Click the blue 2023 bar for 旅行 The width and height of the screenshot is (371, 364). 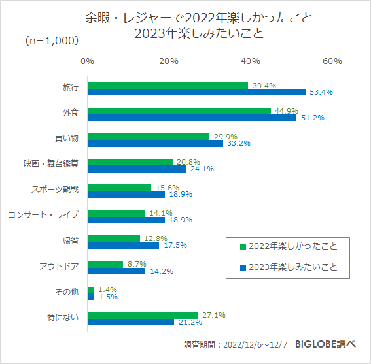pos(196,92)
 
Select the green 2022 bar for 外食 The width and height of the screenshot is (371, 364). pos(179,110)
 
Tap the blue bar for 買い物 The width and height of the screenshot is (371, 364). pos(155,143)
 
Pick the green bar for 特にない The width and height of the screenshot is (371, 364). pos(142,315)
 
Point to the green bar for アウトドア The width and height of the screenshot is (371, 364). pos(105,264)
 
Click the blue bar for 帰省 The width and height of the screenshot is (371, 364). pos(123,245)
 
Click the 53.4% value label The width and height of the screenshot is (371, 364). pos(321,92)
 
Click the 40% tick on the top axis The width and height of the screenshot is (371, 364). pos(251,61)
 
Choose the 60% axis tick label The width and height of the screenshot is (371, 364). pos(332,61)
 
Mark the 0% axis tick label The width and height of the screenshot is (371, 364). pos(87,61)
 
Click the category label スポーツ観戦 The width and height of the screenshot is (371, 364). pos(55,190)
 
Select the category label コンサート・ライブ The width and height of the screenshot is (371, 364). pos(43,215)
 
